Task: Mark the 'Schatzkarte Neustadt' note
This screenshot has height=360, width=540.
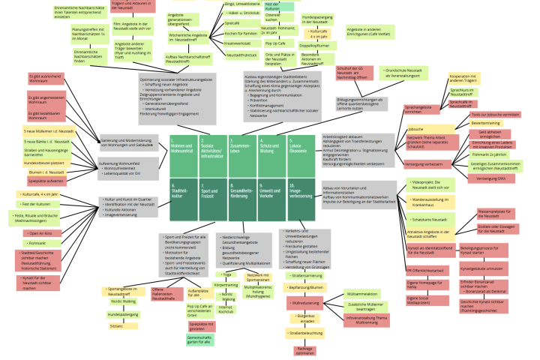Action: [x=430, y=219]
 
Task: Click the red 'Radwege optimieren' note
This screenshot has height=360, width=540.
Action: [x=304, y=350]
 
